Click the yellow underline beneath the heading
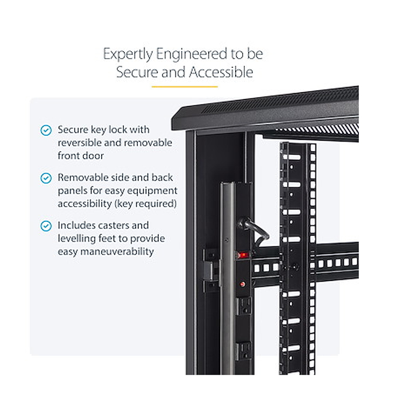click(184, 86)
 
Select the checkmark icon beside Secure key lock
click(46, 130)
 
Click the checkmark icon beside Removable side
click(46, 178)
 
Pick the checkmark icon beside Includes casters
click(46, 226)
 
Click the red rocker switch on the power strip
click(243, 255)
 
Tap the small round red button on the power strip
click(243, 284)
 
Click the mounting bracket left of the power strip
click(211, 269)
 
